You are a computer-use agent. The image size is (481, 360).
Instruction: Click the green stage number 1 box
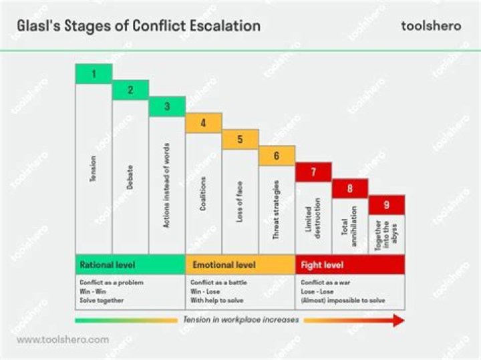coord(94,73)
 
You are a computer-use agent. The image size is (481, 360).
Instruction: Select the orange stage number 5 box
coord(240,140)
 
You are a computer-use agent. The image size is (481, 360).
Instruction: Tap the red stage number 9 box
coord(387,204)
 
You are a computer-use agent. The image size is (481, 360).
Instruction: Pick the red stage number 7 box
coord(313,172)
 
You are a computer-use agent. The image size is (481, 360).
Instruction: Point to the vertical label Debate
coord(130,178)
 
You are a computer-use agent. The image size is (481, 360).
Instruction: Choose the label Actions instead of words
coord(166,185)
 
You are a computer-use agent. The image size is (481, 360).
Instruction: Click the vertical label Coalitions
coord(203,194)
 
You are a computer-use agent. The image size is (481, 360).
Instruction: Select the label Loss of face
coord(240,201)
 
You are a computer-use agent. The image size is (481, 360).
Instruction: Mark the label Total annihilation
coord(349,226)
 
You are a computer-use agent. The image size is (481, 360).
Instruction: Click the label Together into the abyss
coord(386,234)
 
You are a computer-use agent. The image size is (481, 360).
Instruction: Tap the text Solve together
coord(102,301)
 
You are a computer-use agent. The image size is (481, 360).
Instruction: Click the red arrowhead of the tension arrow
coord(398,321)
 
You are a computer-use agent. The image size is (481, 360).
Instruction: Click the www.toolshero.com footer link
coord(63,339)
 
